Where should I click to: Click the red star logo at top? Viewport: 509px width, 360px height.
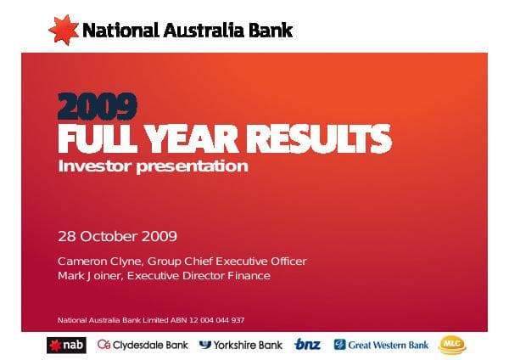click(x=63, y=30)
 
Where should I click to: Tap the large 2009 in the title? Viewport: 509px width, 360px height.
click(x=98, y=106)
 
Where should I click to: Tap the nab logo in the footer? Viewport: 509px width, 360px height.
click(x=67, y=344)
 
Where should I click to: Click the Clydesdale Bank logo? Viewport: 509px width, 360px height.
click(x=142, y=344)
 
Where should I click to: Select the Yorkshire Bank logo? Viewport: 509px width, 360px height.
click(x=241, y=344)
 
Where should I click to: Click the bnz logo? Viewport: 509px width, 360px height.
click(x=307, y=344)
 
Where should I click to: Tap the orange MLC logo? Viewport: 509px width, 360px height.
click(x=451, y=344)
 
